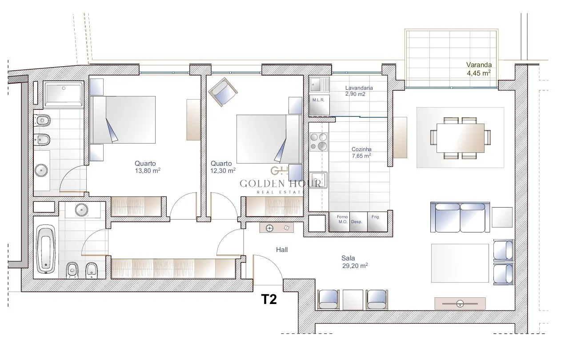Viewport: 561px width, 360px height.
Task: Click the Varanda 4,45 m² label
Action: (x=479, y=69)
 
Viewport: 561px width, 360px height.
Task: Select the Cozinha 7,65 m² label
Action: (x=361, y=152)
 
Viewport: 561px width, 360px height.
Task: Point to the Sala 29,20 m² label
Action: (x=355, y=262)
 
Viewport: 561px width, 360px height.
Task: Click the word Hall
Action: (x=282, y=250)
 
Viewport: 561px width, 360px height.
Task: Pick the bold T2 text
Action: (x=269, y=299)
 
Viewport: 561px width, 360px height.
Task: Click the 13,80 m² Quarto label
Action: (x=148, y=167)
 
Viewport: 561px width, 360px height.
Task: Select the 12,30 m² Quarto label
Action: (x=223, y=167)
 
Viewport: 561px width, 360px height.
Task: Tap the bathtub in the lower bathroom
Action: (x=46, y=249)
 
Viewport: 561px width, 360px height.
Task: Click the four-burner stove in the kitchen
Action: (x=319, y=142)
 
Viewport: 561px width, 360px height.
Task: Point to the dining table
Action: (x=461, y=138)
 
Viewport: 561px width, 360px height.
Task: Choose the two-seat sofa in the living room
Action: (x=460, y=217)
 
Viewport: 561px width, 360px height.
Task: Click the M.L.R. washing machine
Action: (x=319, y=105)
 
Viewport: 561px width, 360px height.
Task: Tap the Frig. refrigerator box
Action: (x=377, y=222)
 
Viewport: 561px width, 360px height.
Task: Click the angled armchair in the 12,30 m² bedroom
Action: (x=223, y=92)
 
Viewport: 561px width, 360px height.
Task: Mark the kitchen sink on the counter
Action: (x=318, y=180)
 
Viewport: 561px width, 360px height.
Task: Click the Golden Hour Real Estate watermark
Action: (x=280, y=181)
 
